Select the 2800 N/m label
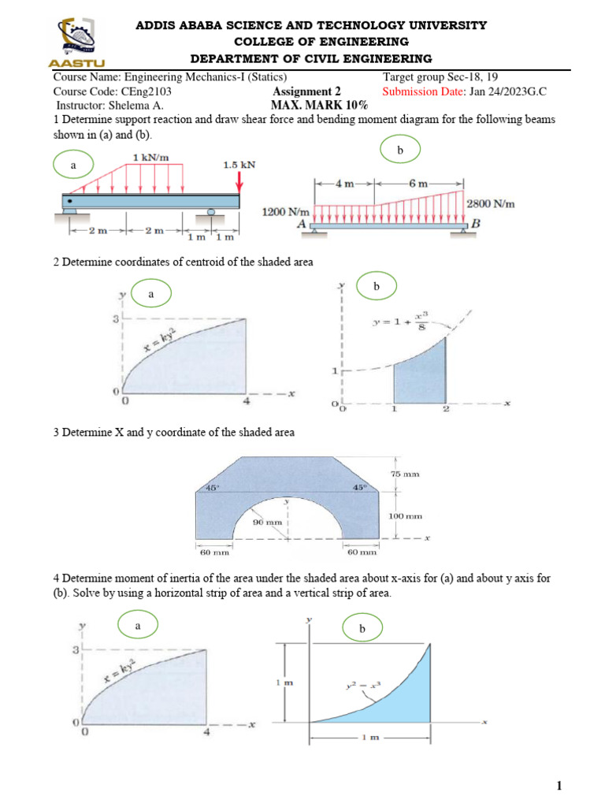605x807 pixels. click(x=492, y=204)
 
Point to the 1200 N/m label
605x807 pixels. click(x=285, y=212)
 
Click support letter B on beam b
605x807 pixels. click(x=476, y=224)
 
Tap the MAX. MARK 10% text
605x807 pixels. click(x=319, y=105)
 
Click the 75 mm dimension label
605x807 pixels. click(x=405, y=474)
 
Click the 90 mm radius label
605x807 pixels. click(x=268, y=522)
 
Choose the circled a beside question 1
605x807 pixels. click(x=74, y=166)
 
